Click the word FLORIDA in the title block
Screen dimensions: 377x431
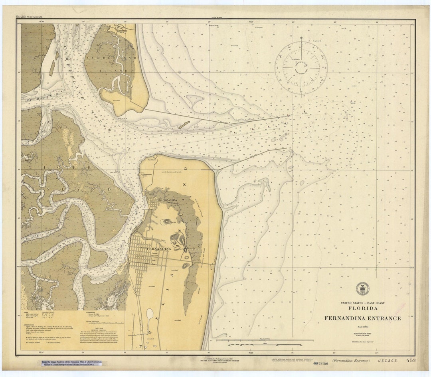[x=362, y=308]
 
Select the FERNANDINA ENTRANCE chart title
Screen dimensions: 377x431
[x=362, y=318]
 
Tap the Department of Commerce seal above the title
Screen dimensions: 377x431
[x=362, y=288]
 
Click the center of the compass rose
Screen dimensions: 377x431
[x=301, y=67]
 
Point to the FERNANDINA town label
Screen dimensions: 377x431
[x=159, y=249]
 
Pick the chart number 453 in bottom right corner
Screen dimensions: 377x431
[x=411, y=361]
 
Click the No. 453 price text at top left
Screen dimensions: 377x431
[x=30, y=17]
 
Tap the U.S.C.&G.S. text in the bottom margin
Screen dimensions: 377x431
[x=386, y=361]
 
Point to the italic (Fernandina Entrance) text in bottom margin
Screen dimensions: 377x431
[x=351, y=361]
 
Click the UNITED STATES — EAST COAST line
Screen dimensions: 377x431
[x=362, y=303]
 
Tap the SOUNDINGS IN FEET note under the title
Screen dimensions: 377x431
[x=362, y=333]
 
